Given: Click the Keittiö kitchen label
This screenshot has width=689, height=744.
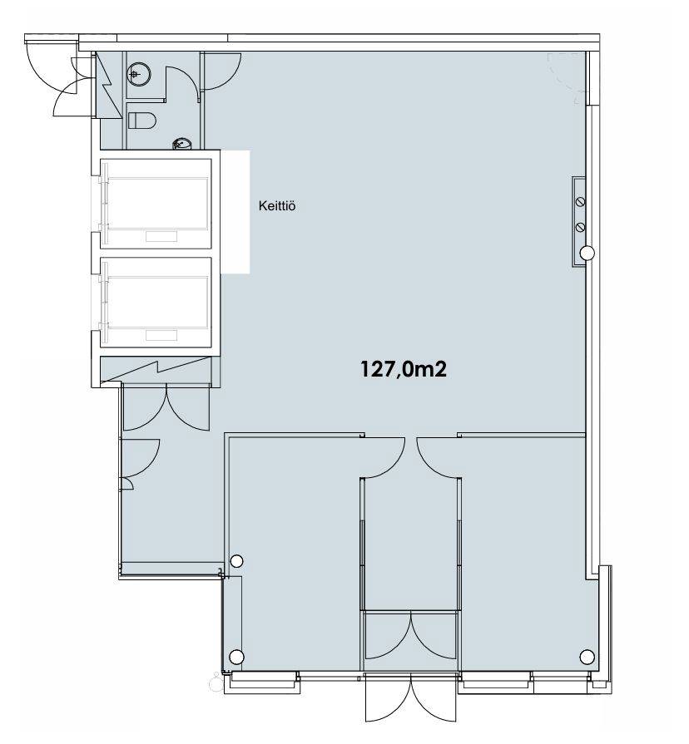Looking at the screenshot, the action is tap(277, 206).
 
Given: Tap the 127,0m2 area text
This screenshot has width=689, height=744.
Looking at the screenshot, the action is tap(404, 369).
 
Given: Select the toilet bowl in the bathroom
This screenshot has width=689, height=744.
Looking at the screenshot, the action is tap(141, 121).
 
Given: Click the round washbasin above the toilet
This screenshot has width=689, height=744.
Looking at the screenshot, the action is tap(139, 74).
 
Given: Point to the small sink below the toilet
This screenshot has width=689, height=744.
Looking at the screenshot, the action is tap(183, 143).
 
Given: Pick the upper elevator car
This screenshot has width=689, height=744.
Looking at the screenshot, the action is tap(156, 204).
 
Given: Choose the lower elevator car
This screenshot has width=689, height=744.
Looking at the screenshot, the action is tap(156, 303).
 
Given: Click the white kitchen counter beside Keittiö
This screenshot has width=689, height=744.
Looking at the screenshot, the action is tap(235, 212).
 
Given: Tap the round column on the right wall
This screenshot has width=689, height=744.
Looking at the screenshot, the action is tap(587, 253).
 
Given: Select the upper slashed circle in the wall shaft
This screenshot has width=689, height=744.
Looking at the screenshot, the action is tap(580, 202).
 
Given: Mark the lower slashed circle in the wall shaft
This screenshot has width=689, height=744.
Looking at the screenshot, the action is tap(580, 228).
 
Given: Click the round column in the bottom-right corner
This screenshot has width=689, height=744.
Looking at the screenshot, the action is tap(587, 657).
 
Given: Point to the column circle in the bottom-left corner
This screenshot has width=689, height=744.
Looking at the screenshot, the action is tap(236, 658).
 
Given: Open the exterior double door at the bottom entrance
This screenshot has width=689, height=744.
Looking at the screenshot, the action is tap(411, 704).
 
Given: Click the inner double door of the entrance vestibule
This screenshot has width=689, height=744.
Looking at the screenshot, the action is tap(411, 636).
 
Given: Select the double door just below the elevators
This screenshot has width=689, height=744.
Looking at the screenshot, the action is tap(166, 408).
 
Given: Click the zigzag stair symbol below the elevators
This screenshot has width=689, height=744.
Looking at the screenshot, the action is tap(156, 369).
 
